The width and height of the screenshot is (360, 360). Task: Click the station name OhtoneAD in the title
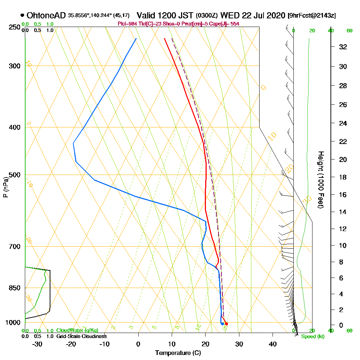pos(46,15)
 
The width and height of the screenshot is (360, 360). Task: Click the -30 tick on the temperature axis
pos(37,344)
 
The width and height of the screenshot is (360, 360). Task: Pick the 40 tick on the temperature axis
pos(273,344)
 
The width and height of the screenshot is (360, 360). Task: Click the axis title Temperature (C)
pos(178,353)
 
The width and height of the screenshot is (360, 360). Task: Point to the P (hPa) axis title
pos(5,187)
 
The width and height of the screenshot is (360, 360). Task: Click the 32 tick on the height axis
pos(343,47)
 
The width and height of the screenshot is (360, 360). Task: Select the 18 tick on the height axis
pos(343,177)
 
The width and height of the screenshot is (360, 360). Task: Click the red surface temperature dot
pos(226,324)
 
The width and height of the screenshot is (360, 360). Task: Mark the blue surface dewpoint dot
pos(222,324)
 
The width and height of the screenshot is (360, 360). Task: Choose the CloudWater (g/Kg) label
pos(77,330)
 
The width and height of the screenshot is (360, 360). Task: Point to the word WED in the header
pos(229,15)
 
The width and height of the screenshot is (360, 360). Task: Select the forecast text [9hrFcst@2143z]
pos(312,15)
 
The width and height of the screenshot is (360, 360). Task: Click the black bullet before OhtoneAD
pos(23,15)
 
